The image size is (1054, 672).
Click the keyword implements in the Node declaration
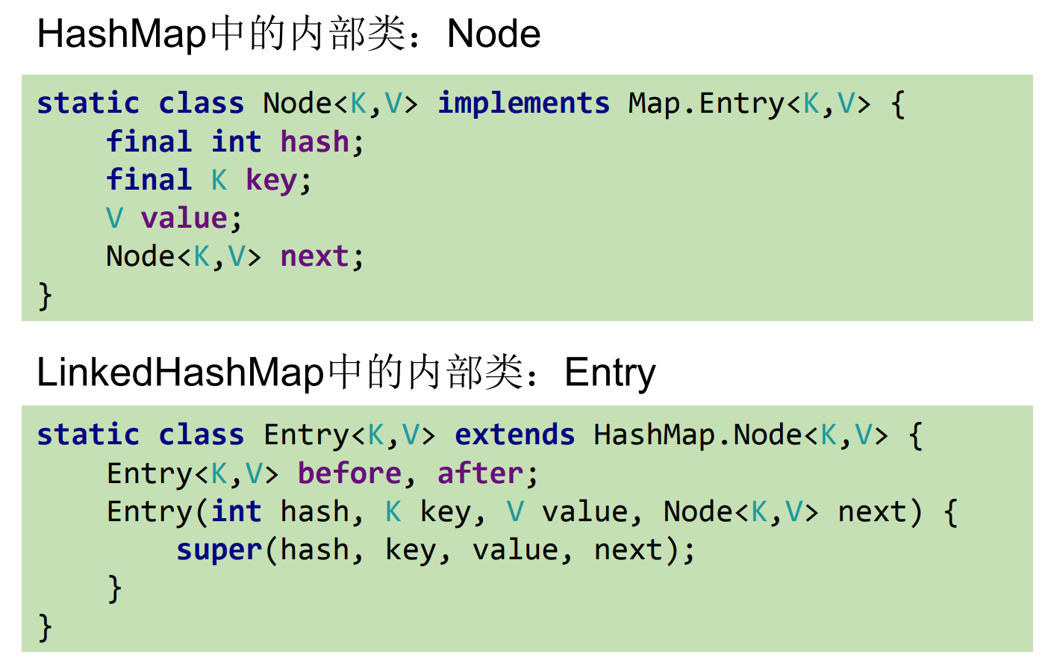tap(523, 103)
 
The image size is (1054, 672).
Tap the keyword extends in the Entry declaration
tap(514, 435)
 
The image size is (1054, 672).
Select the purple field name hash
tap(314, 141)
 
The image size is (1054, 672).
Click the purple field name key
tap(272, 180)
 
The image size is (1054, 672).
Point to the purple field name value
tap(184, 218)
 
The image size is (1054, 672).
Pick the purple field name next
tap(314, 256)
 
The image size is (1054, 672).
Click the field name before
tap(349, 473)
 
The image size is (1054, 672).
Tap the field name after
tap(480, 473)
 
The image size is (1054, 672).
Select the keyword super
tap(219, 550)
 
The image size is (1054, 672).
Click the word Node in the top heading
tap(493, 34)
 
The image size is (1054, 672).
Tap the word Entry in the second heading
tap(610, 373)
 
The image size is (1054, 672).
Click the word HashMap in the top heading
tap(122, 34)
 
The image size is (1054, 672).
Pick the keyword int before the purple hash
tap(236, 141)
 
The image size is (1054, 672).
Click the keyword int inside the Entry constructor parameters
tap(236, 511)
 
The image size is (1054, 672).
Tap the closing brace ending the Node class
tap(46, 296)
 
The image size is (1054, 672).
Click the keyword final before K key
tap(149, 180)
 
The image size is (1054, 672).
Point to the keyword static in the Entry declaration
tap(88, 435)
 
